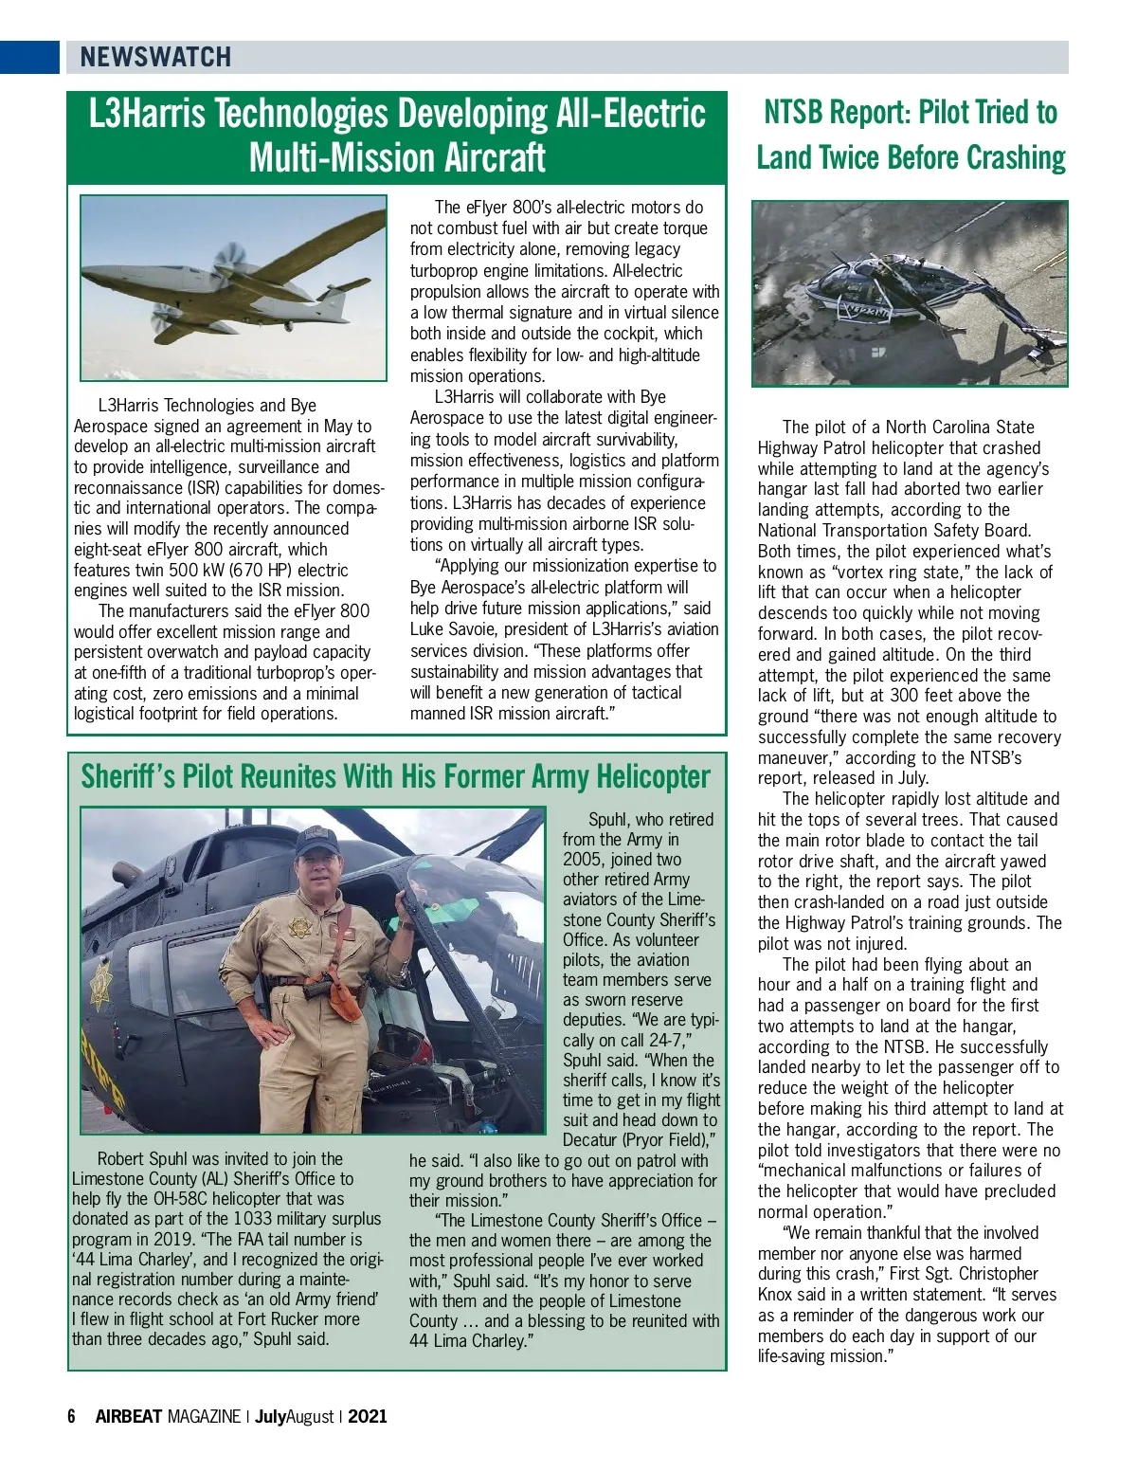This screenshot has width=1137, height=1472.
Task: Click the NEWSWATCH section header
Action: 155,57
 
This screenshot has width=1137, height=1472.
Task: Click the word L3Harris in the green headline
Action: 147,114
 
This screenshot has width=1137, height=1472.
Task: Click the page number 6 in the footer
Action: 71,1417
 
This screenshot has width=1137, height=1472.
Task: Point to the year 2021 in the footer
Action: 368,1417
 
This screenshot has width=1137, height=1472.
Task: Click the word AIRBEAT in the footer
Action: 129,1417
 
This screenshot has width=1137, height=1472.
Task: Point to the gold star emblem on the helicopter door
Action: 100,987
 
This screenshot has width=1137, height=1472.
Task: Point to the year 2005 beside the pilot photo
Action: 584,860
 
